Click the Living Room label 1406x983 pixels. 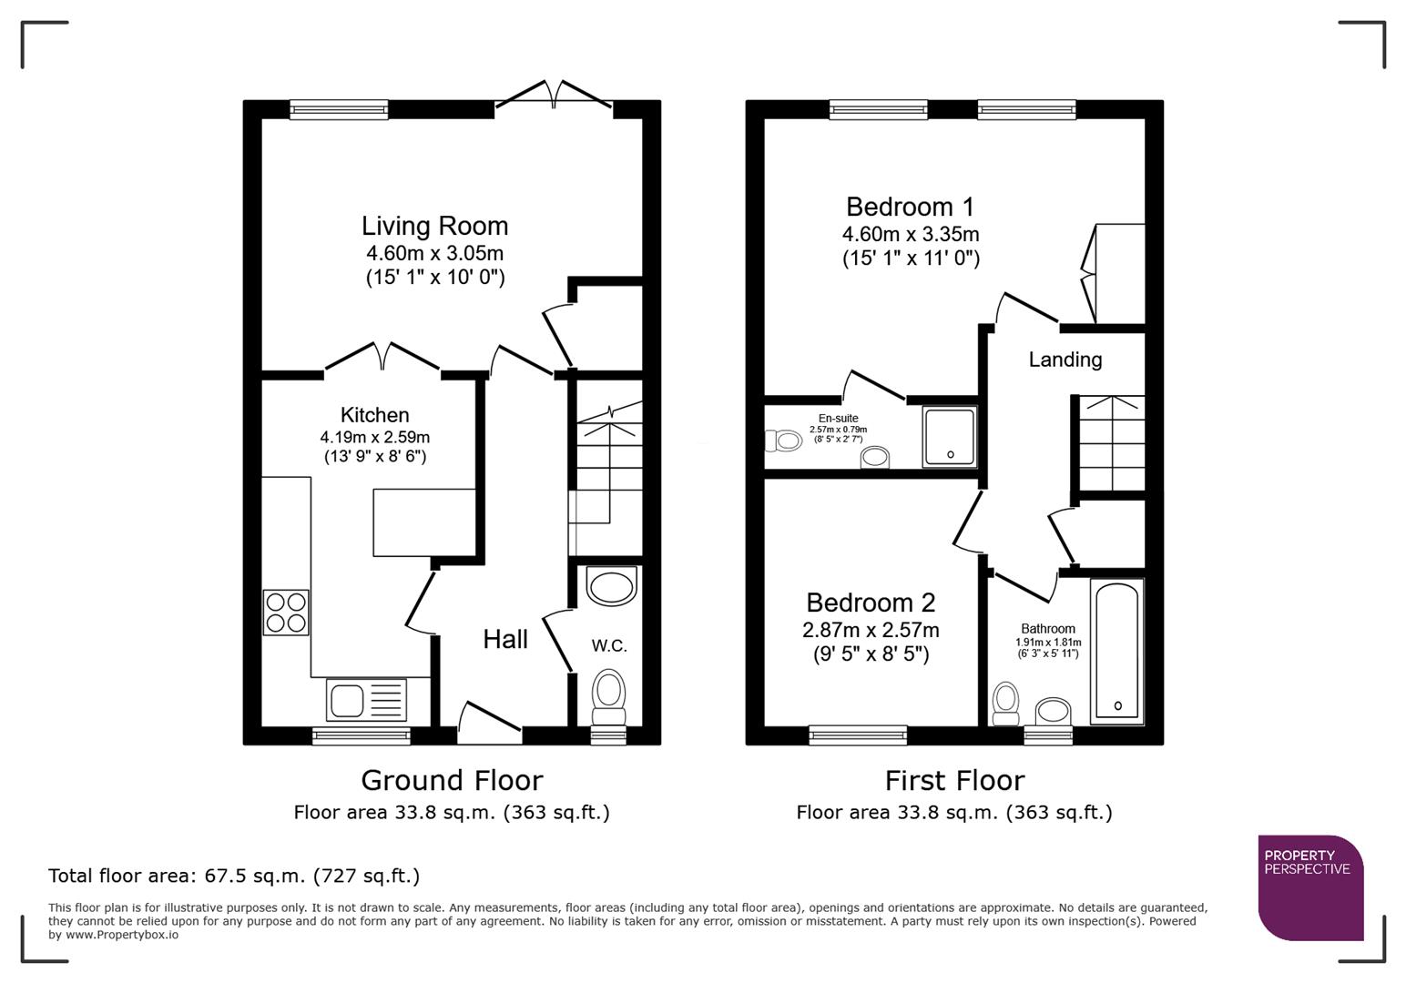point(434,226)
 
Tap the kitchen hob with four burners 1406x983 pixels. point(286,613)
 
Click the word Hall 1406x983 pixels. point(505,640)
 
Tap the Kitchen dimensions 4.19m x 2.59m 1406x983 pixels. point(374,437)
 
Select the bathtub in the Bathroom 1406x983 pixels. point(1116,652)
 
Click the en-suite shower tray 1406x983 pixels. point(950,437)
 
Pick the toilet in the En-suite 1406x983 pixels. point(782,441)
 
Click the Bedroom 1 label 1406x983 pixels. point(910,207)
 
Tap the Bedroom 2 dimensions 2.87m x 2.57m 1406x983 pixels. point(871,630)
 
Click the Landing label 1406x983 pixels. point(1065,360)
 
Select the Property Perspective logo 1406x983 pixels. point(1309,887)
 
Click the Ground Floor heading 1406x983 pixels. point(452,780)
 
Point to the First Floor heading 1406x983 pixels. point(954,780)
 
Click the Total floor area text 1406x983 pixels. point(234,876)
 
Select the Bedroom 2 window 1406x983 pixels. point(858,734)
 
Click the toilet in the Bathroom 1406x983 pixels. point(1005,704)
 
